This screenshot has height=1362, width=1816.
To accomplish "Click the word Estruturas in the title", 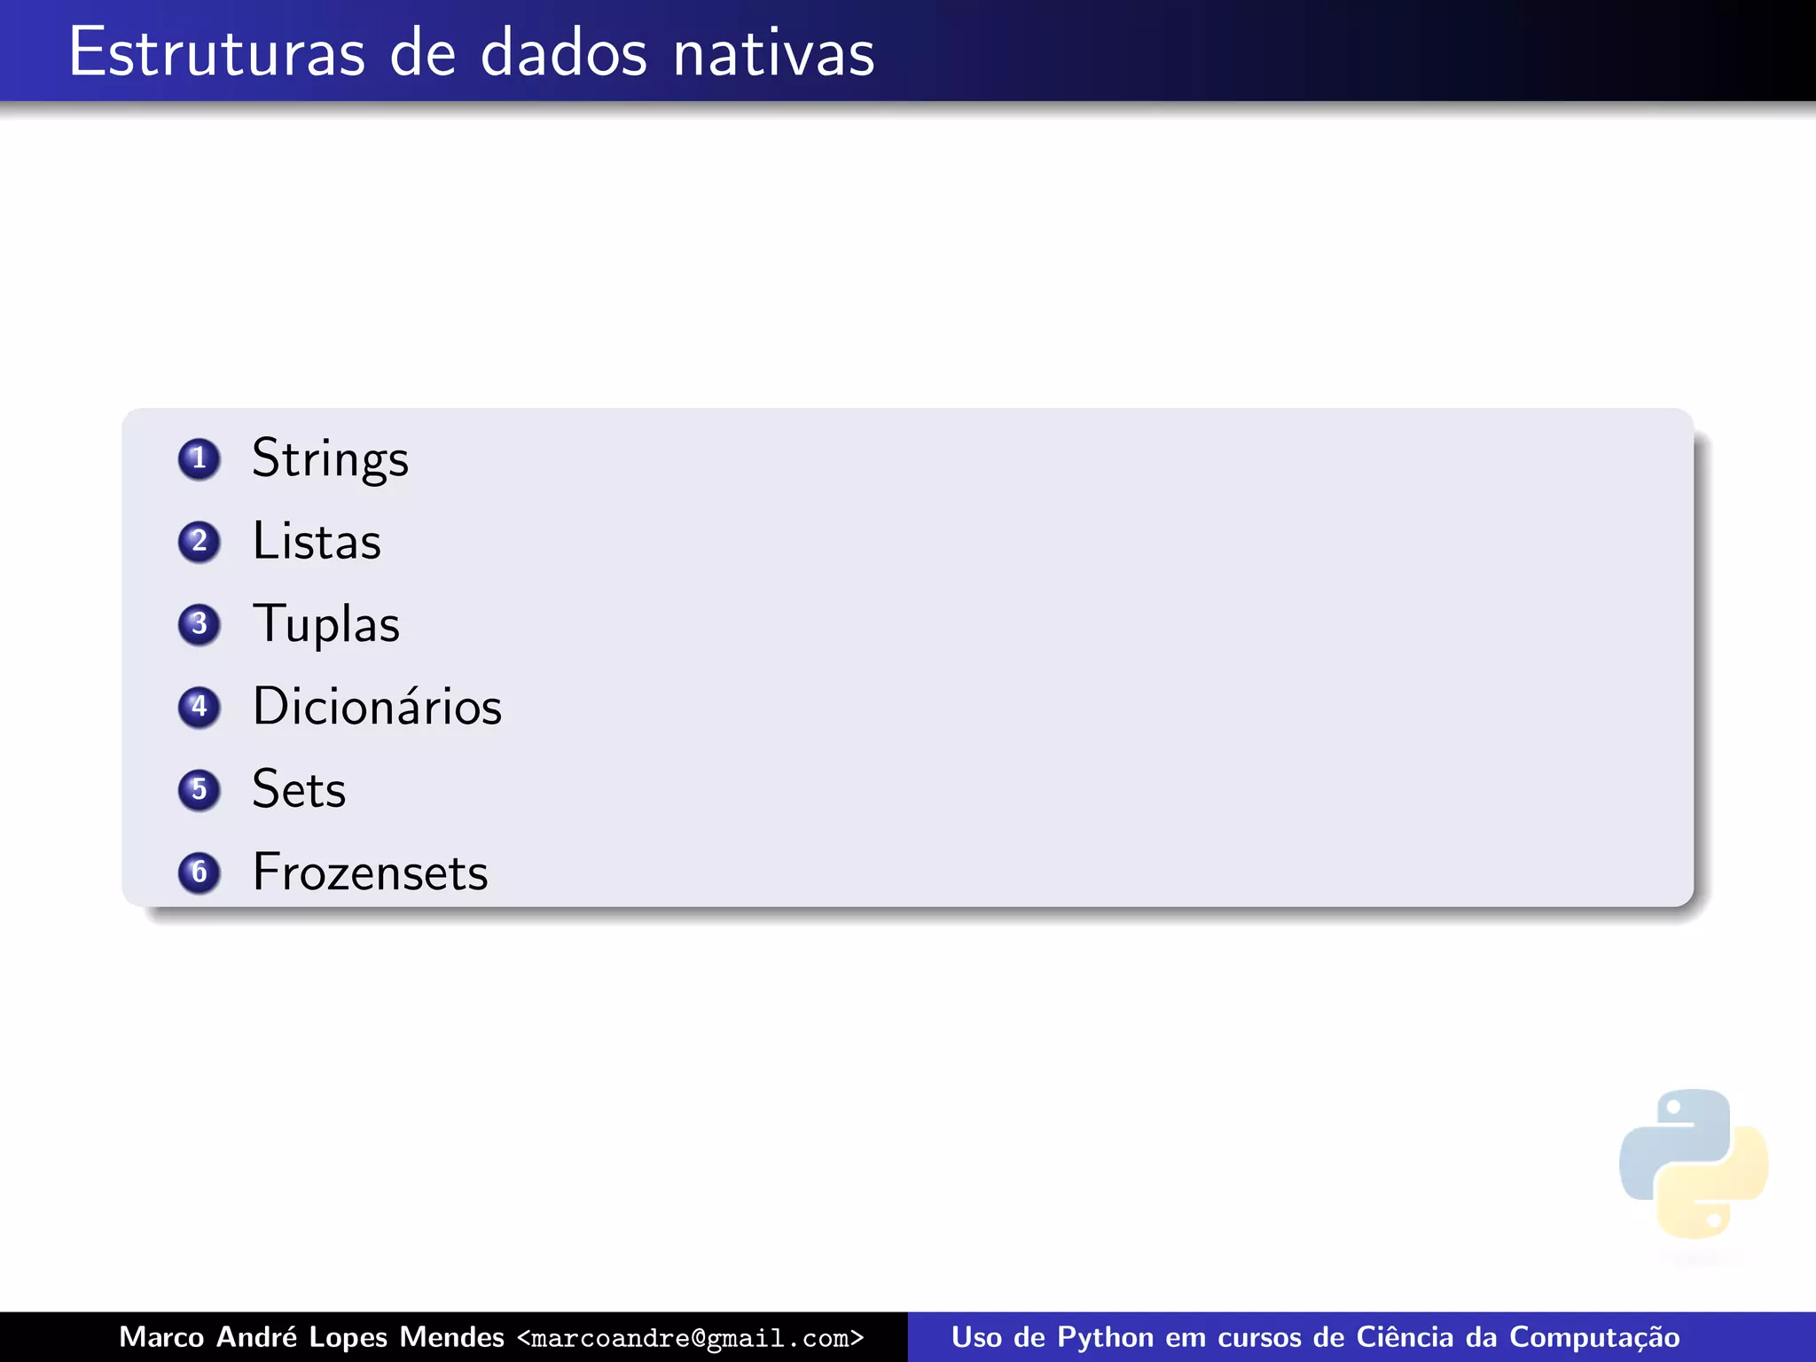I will (216, 53).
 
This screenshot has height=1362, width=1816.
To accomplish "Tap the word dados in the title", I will (564, 53).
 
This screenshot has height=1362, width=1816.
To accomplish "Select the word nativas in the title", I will (773, 53).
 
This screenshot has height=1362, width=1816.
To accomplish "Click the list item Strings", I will (330, 459).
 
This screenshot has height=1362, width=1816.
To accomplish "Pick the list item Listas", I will (317, 542).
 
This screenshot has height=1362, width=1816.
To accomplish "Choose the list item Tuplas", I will (325, 624).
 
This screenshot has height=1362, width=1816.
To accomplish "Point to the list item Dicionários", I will (377, 707).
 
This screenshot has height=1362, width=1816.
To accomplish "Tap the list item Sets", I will (299, 789).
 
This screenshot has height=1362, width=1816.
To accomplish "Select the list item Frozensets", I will (370, 873).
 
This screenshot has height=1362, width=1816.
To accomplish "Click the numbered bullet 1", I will (199, 459).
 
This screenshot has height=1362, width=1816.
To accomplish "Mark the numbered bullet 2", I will (199, 542).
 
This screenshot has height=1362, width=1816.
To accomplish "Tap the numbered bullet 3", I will (199, 624).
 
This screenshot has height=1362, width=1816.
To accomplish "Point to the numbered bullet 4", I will (199, 707).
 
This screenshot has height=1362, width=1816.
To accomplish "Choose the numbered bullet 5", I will (199, 789).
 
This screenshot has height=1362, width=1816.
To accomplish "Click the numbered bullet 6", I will (199, 873).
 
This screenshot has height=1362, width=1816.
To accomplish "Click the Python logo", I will (1693, 1163).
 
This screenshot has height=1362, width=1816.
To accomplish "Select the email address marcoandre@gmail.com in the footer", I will (690, 1338).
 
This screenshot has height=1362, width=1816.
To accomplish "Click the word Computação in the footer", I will (1594, 1337).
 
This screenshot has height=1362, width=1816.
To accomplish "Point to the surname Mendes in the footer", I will (451, 1337).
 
